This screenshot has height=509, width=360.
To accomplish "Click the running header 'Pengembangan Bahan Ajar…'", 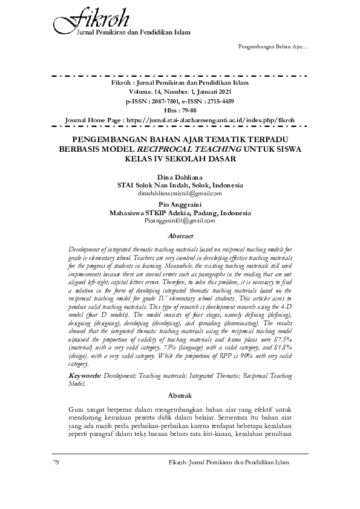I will [273, 47].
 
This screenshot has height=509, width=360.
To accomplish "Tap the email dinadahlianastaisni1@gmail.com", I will [180, 193].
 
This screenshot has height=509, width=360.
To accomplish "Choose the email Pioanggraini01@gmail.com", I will [180, 221].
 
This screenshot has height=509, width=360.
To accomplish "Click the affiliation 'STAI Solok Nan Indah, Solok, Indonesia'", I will [180, 185].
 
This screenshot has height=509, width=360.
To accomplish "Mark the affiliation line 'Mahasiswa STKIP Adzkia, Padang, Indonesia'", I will [180, 213].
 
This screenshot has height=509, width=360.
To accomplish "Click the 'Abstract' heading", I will [180, 236].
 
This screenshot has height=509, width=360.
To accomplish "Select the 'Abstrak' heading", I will [180, 395].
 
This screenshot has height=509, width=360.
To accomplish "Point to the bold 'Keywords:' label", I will [85, 376].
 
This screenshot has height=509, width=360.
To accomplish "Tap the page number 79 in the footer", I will [56, 462].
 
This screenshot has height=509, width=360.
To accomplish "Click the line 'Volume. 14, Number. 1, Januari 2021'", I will [180, 91].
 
